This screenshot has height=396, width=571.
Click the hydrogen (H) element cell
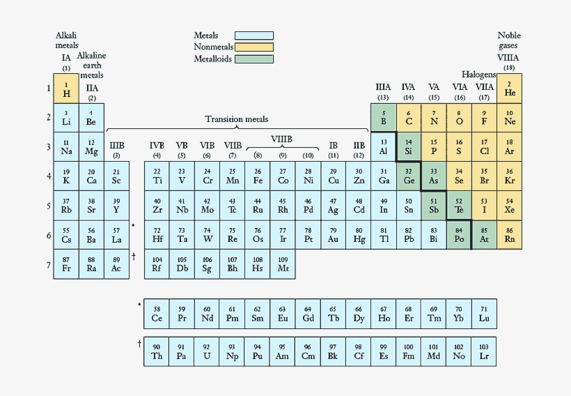click(66, 89)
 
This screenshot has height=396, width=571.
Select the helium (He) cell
click(510, 89)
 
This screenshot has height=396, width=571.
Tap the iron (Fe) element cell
click(258, 176)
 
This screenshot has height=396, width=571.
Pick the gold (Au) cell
click(333, 235)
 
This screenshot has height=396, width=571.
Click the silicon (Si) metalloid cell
click(409, 147)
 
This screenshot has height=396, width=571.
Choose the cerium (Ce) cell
click(157, 314)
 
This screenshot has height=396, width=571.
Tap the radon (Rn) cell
click(510, 235)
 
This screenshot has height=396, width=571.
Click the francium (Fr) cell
click(66, 264)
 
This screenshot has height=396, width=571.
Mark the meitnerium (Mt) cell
click(283, 264)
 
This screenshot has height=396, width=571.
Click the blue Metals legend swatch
click(254, 36)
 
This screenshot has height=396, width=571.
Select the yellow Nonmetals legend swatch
click(254, 47)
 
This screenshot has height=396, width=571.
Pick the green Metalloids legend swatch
click(254, 59)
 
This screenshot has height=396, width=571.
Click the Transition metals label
click(237, 119)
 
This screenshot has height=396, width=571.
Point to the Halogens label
click(478, 74)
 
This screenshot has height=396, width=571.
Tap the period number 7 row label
click(49, 264)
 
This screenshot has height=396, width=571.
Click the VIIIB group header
click(281, 139)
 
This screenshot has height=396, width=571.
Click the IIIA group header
click(383, 87)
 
